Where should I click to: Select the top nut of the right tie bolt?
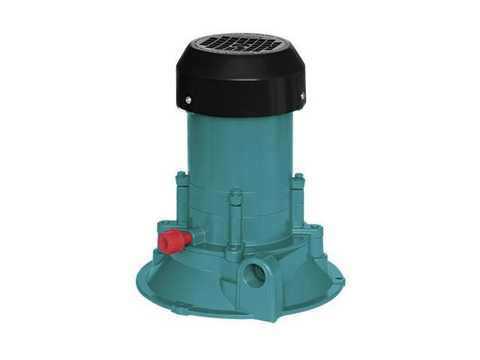[298, 177]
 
